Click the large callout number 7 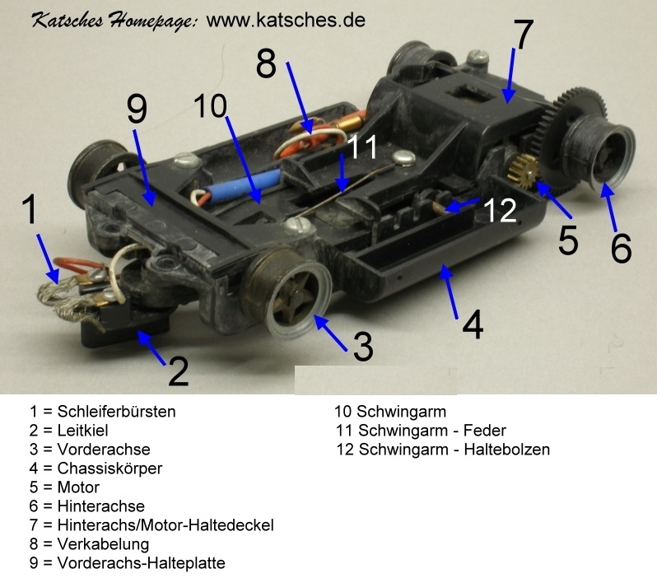click(x=523, y=35)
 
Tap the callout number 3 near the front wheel click(x=363, y=346)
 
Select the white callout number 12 click(x=500, y=210)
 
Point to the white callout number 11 click(x=362, y=147)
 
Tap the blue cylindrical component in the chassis click(x=246, y=186)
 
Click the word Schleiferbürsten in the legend click(x=116, y=412)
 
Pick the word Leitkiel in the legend click(x=82, y=431)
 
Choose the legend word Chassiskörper click(x=109, y=468)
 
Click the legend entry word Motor click(x=78, y=487)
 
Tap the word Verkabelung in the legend click(x=103, y=544)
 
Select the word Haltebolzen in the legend click(x=507, y=450)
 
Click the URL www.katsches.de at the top click(x=286, y=20)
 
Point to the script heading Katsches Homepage click(x=114, y=21)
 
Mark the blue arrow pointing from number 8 click(x=299, y=99)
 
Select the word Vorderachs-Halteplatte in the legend click(x=142, y=563)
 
